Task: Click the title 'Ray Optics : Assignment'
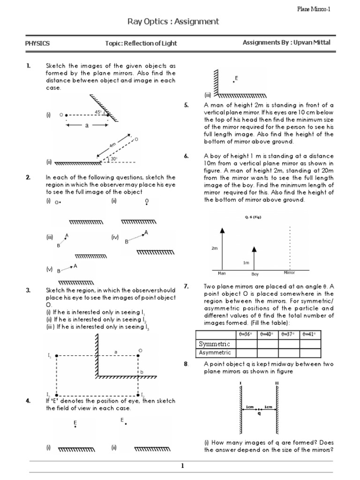pyautogui.click(x=173, y=22)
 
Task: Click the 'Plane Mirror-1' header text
pyautogui.click(x=315, y=9)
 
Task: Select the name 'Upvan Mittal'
pyautogui.click(x=312, y=43)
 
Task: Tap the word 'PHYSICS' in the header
pyautogui.click(x=37, y=44)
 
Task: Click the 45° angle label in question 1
pyautogui.click(x=98, y=112)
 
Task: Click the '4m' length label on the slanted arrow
pyautogui.click(x=112, y=146)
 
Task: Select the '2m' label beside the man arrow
pyautogui.click(x=215, y=248)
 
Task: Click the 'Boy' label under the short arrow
pyautogui.click(x=255, y=274)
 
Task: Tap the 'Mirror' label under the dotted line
pyautogui.click(x=290, y=272)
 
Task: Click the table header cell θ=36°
pyautogui.click(x=245, y=334)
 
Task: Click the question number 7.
pyautogui.click(x=186, y=286)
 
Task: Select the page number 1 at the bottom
pyautogui.click(x=182, y=465)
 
